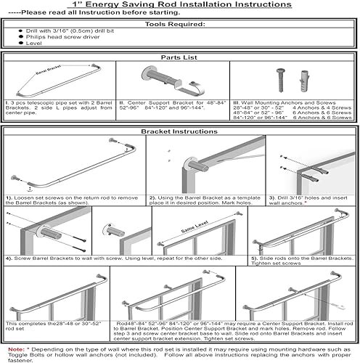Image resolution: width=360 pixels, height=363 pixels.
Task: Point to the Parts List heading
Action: pyautogui.click(x=180, y=57)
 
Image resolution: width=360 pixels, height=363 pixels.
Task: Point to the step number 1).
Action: pyautogui.click(x=9, y=197)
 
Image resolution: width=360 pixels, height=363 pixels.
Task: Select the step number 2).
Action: pyautogui.click(x=152, y=197)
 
